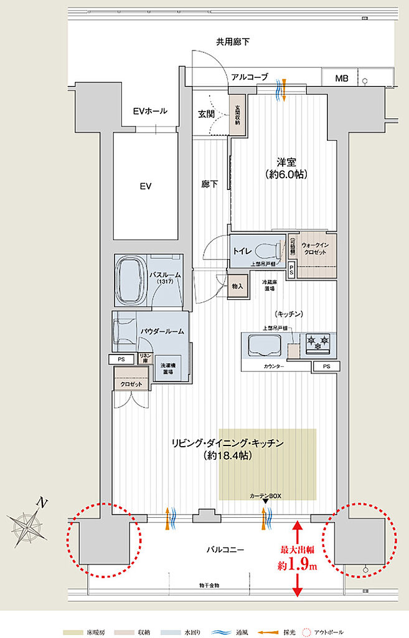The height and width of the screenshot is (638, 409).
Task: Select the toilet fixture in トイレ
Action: (x=267, y=250)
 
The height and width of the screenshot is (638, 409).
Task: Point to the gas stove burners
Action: (x=317, y=343)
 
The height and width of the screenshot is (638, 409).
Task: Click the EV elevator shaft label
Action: (x=146, y=186)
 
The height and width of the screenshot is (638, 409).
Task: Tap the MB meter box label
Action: (x=342, y=79)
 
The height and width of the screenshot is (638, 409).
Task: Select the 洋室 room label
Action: (x=286, y=161)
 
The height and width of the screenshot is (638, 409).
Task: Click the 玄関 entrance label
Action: (x=207, y=114)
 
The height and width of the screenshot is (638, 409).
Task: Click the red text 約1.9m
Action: (x=297, y=566)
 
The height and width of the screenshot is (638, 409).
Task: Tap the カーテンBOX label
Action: (x=266, y=495)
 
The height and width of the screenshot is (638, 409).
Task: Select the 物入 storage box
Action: (x=237, y=286)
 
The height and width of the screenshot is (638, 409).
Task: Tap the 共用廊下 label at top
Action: (x=233, y=42)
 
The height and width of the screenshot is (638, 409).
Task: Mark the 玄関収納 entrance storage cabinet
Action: (x=237, y=113)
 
